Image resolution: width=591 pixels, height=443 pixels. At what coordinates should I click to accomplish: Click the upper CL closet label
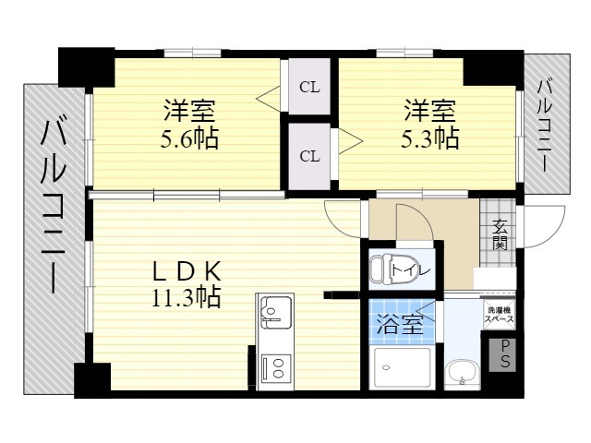pos(309,88)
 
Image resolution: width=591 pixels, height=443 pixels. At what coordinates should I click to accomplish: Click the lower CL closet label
pos(309,156)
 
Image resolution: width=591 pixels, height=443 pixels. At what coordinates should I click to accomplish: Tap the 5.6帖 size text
pos(189,138)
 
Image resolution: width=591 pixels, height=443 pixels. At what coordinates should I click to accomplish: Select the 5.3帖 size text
pos(430,138)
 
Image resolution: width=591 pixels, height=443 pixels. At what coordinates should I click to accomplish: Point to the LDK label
pos(187,271)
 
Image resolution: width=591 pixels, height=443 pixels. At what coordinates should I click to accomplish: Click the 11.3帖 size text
pos(187,297)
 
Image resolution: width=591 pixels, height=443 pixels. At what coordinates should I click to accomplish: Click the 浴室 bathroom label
pos(400,324)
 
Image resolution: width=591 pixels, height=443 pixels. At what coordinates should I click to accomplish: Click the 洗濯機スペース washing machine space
pos(499,315)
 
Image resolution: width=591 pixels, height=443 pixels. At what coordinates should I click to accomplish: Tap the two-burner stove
pos(276,367)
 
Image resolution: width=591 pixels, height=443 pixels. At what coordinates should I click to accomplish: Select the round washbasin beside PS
pos(462,373)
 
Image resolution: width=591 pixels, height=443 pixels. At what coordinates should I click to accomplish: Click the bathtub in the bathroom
pos(402,367)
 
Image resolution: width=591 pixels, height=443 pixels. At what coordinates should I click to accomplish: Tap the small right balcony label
pos(544,126)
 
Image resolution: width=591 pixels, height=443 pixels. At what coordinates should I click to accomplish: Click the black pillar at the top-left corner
pos(86,67)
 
